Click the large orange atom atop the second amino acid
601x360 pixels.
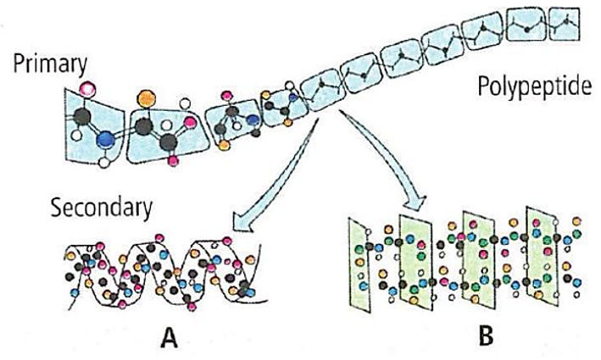pyautogui.click(x=145, y=95)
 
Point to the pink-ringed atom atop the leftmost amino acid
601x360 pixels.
pyautogui.click(x=86, y=89)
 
